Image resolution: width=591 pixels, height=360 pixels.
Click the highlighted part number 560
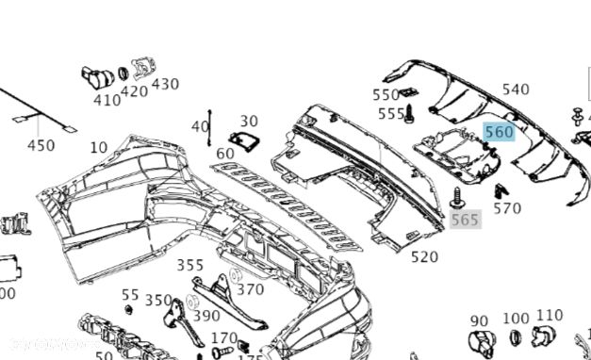point(499,132)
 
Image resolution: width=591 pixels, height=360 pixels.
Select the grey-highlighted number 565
point(465,220)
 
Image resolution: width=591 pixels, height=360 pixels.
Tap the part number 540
point(516,90)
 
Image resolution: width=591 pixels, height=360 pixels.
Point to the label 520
point(424,256)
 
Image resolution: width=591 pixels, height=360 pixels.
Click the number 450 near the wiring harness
point(41,145)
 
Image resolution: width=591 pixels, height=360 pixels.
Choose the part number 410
point(107,100)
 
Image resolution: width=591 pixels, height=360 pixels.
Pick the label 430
point(165,84)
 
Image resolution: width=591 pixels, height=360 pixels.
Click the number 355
point(190,266)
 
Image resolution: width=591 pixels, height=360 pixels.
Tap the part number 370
point(250,289)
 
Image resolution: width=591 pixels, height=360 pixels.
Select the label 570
point(507,208)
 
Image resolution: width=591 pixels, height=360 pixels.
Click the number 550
point(386,94)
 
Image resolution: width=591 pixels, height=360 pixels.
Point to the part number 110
point(549,316)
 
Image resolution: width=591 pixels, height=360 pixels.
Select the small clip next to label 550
point(407,92)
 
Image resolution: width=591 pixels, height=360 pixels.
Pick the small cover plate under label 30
point(246,141)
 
